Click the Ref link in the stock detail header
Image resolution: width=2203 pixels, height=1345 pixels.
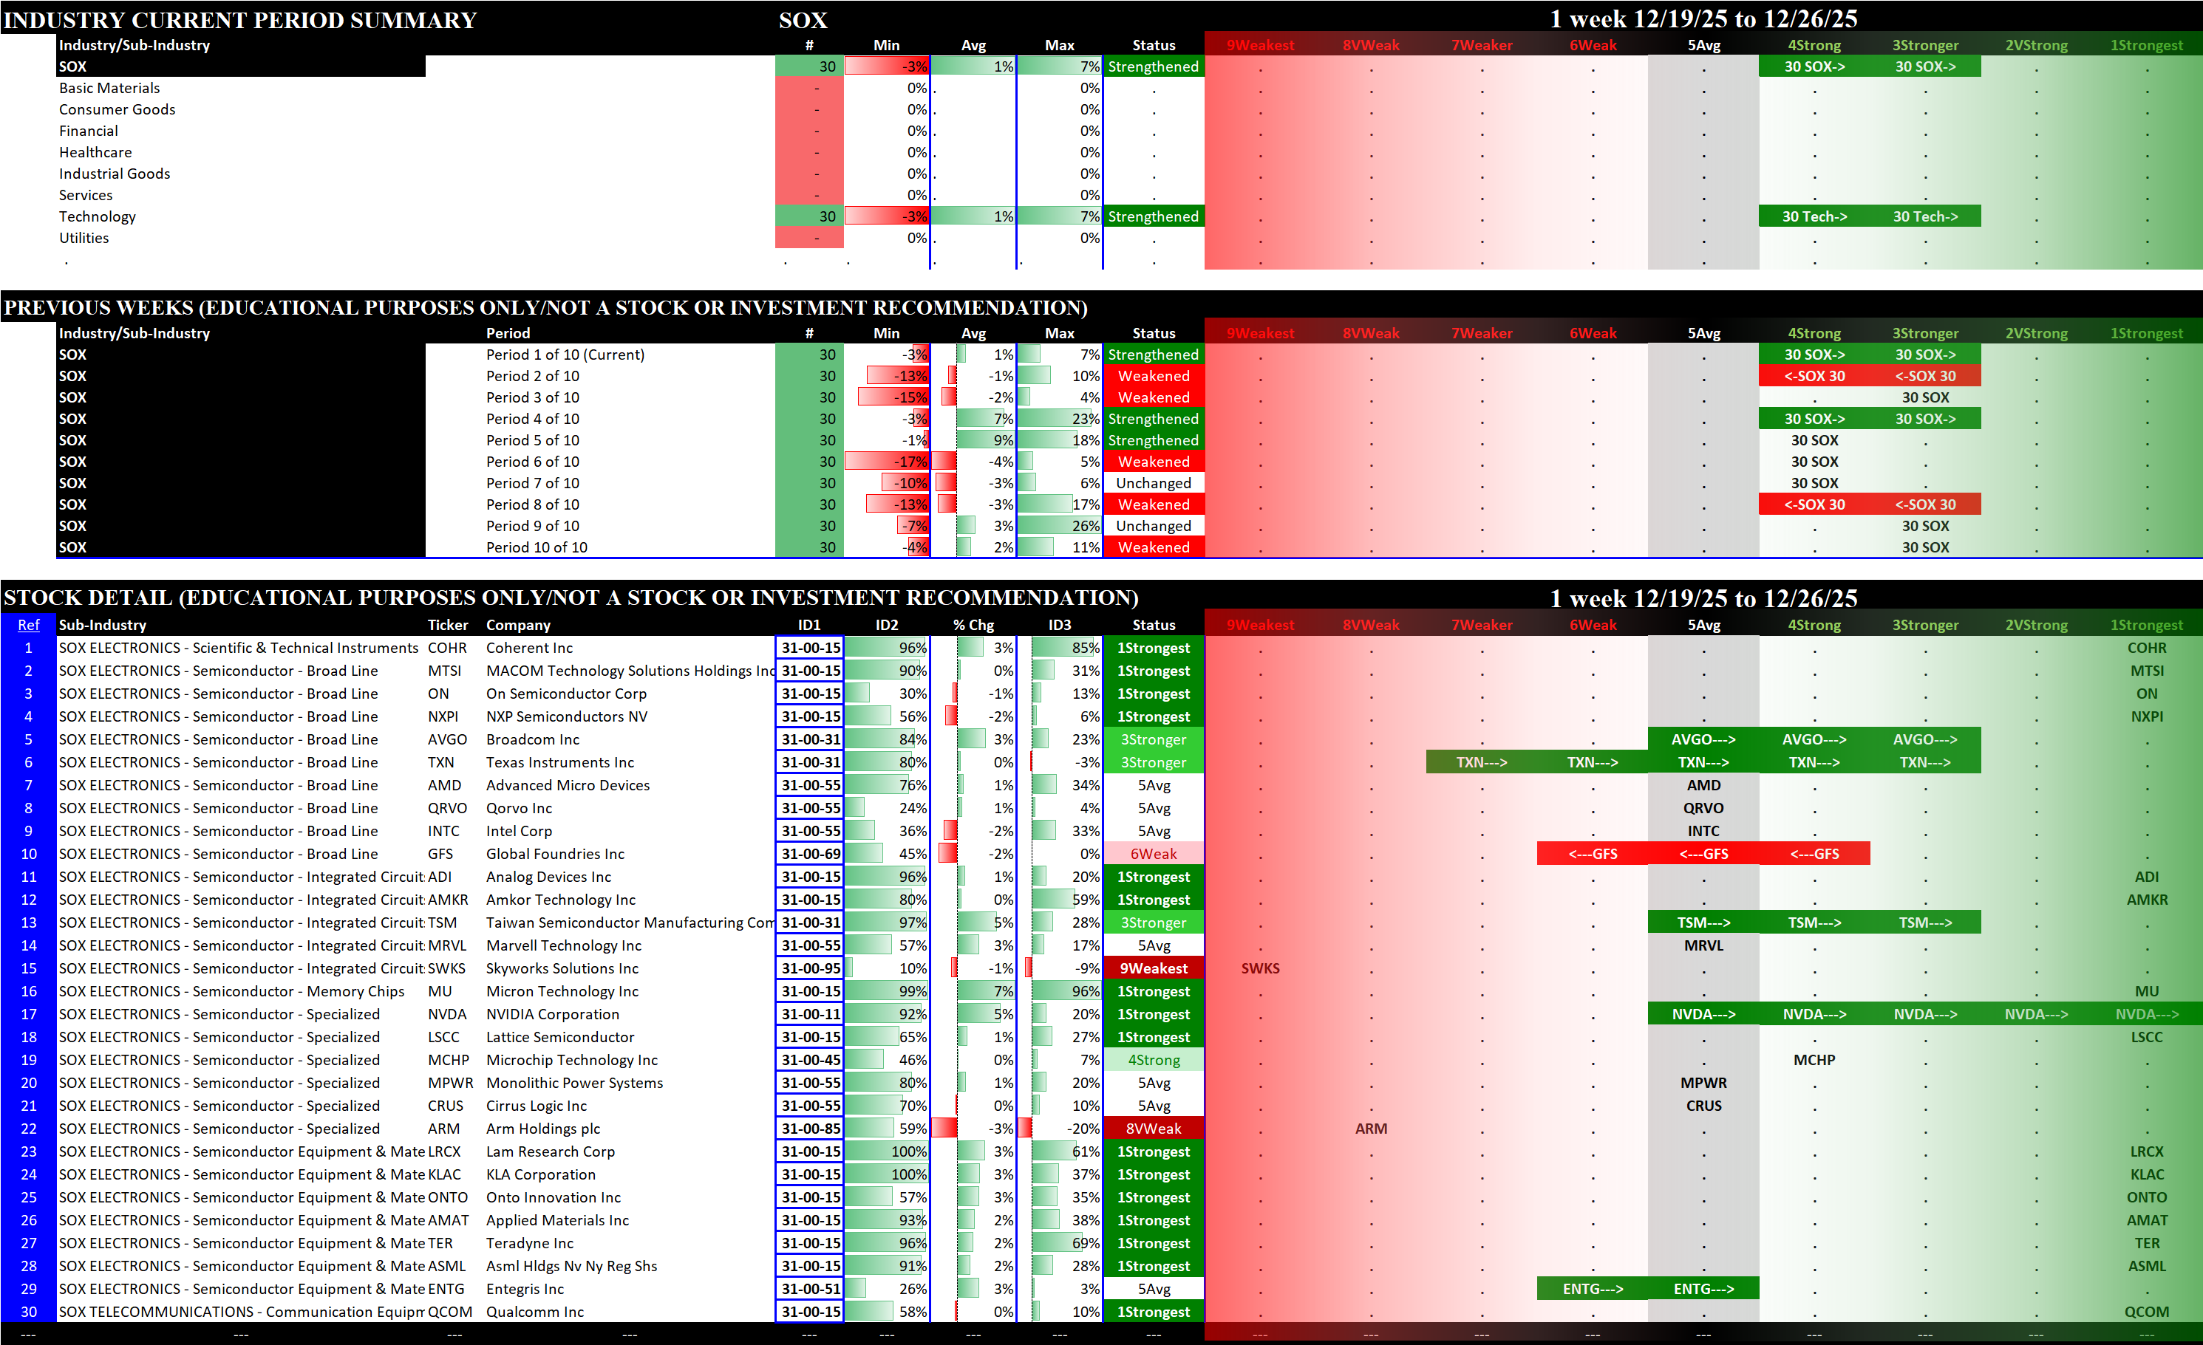point(29,625)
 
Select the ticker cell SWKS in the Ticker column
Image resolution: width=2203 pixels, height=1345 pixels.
point(446,968)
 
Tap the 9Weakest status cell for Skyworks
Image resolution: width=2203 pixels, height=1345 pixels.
point(1154,968)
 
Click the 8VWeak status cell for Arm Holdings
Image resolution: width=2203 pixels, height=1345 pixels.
point(1154,1129)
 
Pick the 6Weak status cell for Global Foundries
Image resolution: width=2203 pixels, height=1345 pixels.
point(1154,854)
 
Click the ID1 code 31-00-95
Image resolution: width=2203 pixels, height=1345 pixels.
point(810,968)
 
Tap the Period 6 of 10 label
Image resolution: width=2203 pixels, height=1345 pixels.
point(532,461)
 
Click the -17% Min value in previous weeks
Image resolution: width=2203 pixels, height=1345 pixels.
point(911,461)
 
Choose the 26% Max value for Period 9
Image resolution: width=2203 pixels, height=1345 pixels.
point(1086,525)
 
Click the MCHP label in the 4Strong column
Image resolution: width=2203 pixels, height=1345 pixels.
point(1814,1060)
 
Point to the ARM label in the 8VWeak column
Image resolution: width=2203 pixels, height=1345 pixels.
point(1371,1129)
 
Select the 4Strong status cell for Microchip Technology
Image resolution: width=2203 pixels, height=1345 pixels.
point(1154,1060)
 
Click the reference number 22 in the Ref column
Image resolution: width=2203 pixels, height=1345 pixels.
point(29,1129)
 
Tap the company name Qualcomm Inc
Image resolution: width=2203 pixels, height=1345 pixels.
point(534,1312)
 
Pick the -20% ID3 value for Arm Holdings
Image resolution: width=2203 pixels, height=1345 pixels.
point(1086,1129)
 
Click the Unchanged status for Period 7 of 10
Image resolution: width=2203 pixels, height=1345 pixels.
point(1154,482)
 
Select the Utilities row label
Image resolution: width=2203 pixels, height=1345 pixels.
point(84,238)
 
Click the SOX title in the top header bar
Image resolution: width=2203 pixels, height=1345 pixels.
point(803,20)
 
